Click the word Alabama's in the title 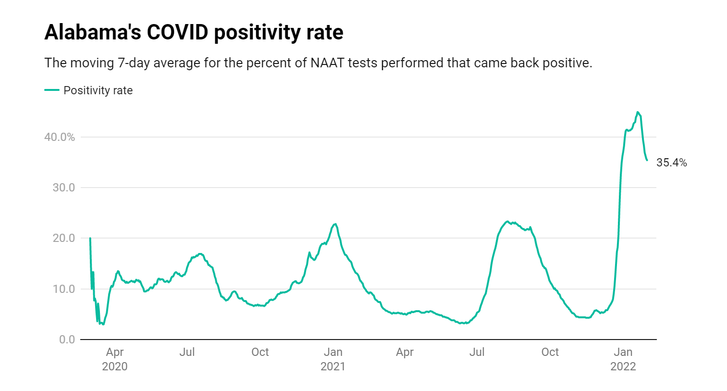coord(93,33)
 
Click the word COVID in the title coord(177,33)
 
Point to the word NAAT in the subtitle coord(327,63)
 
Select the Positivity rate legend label coord(98,90)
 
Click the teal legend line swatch coord(52,90)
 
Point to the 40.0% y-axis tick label coord(60,137)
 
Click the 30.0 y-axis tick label coord(63,188)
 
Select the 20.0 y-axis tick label coord(63,238)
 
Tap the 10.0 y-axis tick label coord(63,289)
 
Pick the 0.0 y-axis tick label coord(67,340)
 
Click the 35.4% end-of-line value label coord(671,163)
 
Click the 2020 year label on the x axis coord(115,366)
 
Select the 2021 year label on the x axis coord(333,366)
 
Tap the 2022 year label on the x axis coord(623,366)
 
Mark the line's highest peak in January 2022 coord(638,113)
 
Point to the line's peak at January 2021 coord(335,224)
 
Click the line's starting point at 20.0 coord(90,238)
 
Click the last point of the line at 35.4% coord(647,160)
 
